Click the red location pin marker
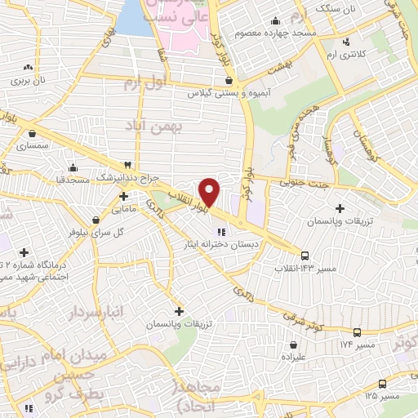(x=210, y=192)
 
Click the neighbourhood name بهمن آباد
(x=150, y=127)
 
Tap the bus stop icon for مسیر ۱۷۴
(x=357, y=332)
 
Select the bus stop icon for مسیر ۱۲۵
(x=382, y=384)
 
